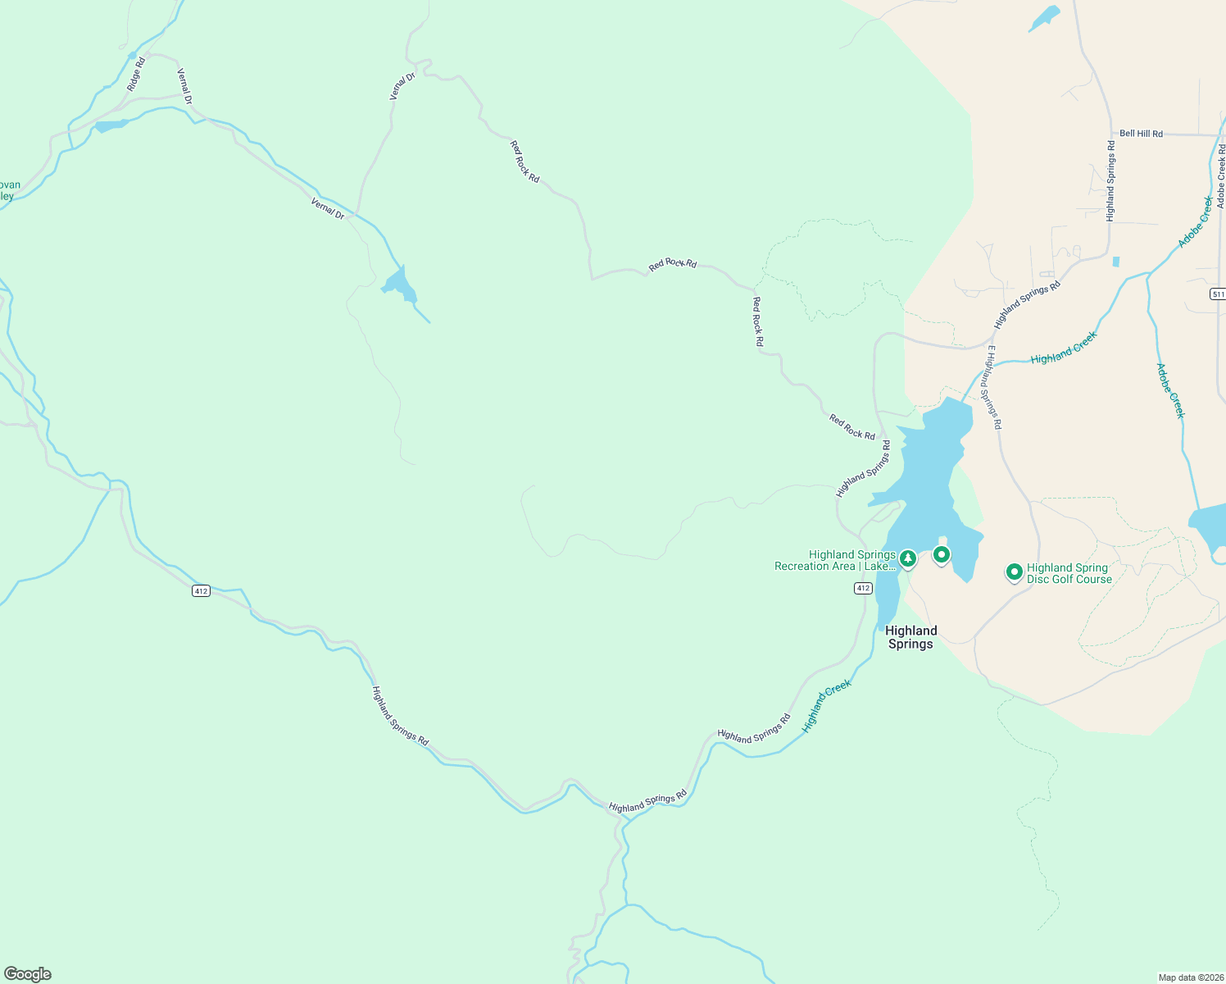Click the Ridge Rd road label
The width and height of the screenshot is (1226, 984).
coord(136,73)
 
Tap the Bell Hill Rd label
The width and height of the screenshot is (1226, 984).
coord(1141,134)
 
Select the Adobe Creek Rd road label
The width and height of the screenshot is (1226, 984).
coord(1220,176)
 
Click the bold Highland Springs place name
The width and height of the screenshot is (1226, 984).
coord(910,637)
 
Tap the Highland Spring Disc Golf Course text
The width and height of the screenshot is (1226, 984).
coord(1069,573)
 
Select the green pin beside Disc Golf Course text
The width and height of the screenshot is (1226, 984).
coord(1014,572)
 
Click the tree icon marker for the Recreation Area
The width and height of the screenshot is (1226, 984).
coord(907,558)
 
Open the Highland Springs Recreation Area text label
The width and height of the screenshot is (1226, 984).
coord(835,561)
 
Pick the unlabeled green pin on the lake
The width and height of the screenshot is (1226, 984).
coord(942,555)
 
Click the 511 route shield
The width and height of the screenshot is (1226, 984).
coord(1217,294)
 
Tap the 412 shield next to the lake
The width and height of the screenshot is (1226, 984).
coord(862,588)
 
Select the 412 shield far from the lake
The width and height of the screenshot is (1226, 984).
coord(202,590)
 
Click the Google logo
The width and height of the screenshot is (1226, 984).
coord(27,974)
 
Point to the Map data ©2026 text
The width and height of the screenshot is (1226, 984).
coord(1190,977)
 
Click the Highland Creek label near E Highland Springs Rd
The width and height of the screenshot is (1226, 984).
coord(1063,348)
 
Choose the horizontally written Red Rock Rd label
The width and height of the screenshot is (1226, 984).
coord(672,264)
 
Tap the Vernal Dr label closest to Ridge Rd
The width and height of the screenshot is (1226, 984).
coord(184,86)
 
